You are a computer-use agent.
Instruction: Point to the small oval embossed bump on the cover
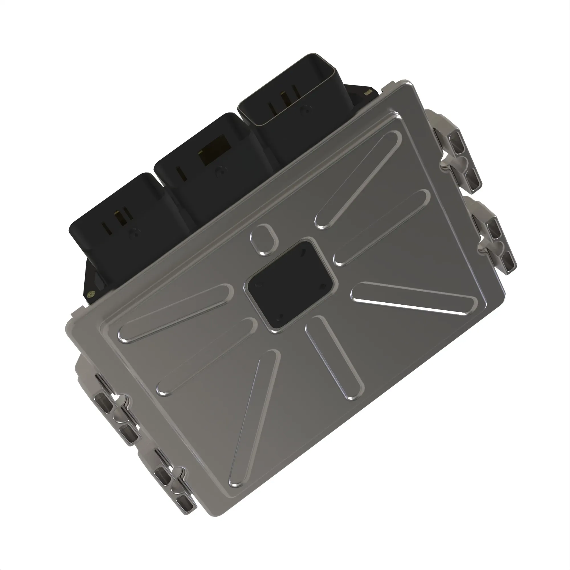pos(264,239)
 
